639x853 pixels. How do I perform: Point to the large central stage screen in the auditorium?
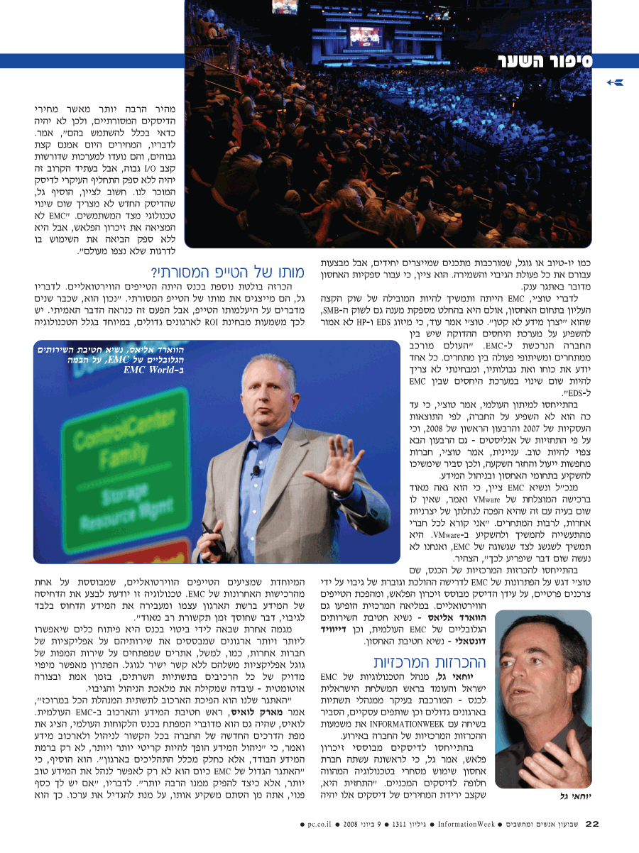click(x=366, y=36)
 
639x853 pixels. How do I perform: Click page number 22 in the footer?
click(x=592, y=824)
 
